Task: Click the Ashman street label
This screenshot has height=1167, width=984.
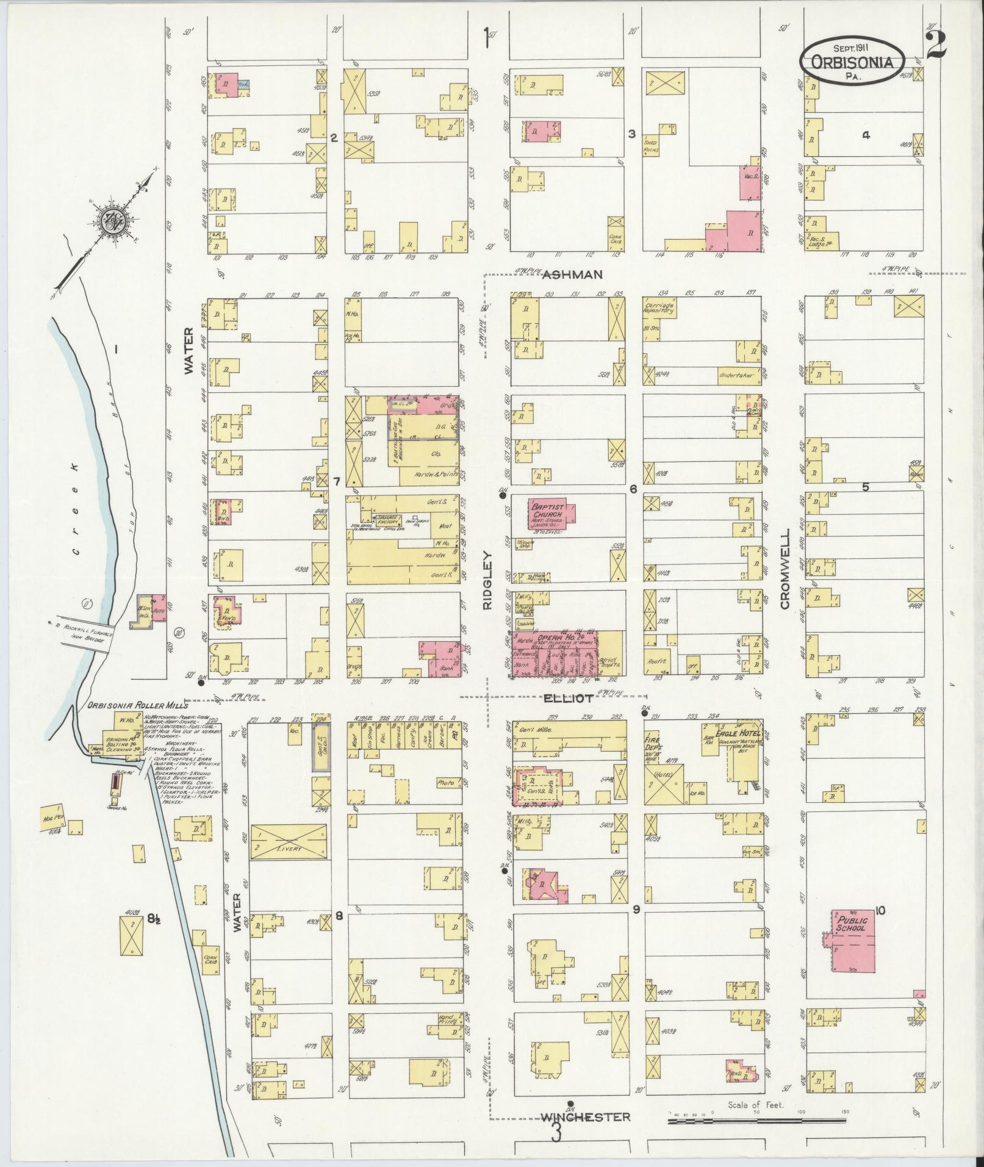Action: [x=573, y=275]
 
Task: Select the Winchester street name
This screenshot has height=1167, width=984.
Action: [x=585, y=1117]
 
